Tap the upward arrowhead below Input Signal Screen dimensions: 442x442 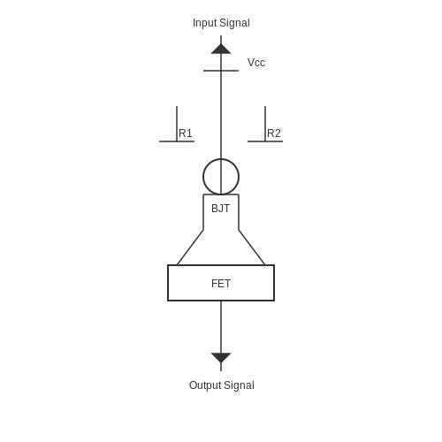pyautogui.click(x=221, y=49)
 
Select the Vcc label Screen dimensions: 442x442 pyautogui.click(x=256, y=63)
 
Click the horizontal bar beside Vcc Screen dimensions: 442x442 pyautogui.click(x=221, y=71)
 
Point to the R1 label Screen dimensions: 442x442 pyautogui.click(x=186, y=133)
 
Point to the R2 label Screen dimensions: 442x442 pyautogui.click(x=274, y=133)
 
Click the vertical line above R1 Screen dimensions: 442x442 pyautogui.click(x=177, y=124)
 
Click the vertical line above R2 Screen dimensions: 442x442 pyautogui.click(x=265, y=124)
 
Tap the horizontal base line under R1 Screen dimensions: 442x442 pyautogui.click(x=177, y=141)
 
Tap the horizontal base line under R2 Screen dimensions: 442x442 pyautogui.click(x=265, y=141)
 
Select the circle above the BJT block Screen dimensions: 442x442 pyautogui.click(x=203, y=177)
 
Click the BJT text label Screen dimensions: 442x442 pyautogui.click(x=221, y=209)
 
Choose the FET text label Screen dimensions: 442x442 pyautogui.click(x=221, y=284)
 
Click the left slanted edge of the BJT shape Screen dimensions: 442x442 pyautogui.click(x=190, y=248)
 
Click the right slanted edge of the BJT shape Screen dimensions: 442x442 pyautogui.click(x=252, y=248)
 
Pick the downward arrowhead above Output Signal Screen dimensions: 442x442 pyautogui.click(x=221, y=358)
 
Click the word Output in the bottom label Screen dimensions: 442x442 pyautogui.click(x=204, y=385)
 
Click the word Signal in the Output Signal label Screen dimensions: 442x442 pyautogui.click(x=239, y=385)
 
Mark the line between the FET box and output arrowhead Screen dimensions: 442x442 pyautogui.click(x=221, y=327)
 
